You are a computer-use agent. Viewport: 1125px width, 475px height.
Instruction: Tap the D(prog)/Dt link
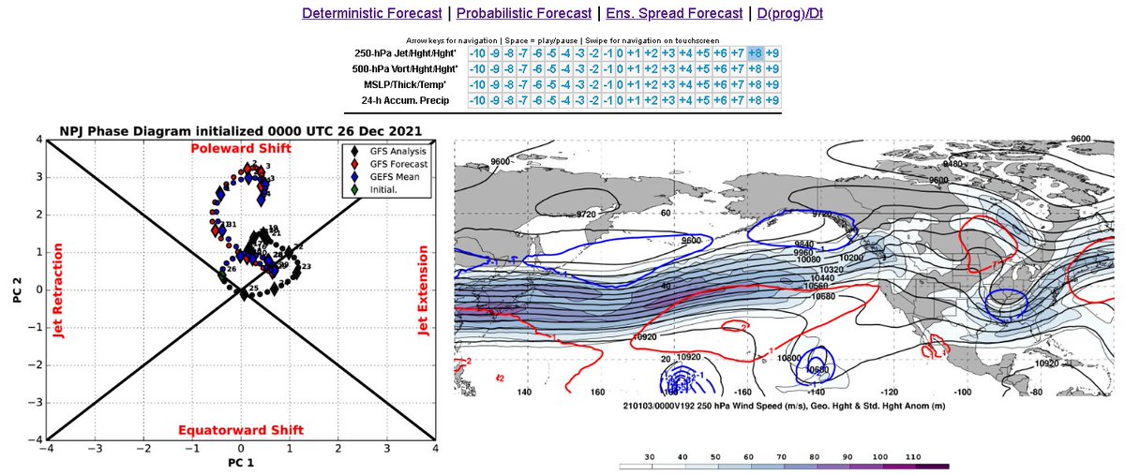click(790, 14)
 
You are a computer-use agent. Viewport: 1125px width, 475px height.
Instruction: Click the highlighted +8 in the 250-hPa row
click(755, 53)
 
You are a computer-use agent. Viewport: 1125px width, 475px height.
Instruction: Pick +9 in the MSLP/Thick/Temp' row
click(772, 84)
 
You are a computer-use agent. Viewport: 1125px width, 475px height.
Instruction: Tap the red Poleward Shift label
click(241, 149)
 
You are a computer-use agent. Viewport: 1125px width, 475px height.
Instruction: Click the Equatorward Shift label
click(241, 430)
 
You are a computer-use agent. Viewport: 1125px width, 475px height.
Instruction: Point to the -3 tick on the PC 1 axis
click(95, 449)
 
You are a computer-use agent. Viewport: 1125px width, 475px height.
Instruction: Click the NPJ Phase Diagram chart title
click(241, 130)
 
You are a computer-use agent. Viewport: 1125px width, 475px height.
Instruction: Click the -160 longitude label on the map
click(740, 391)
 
